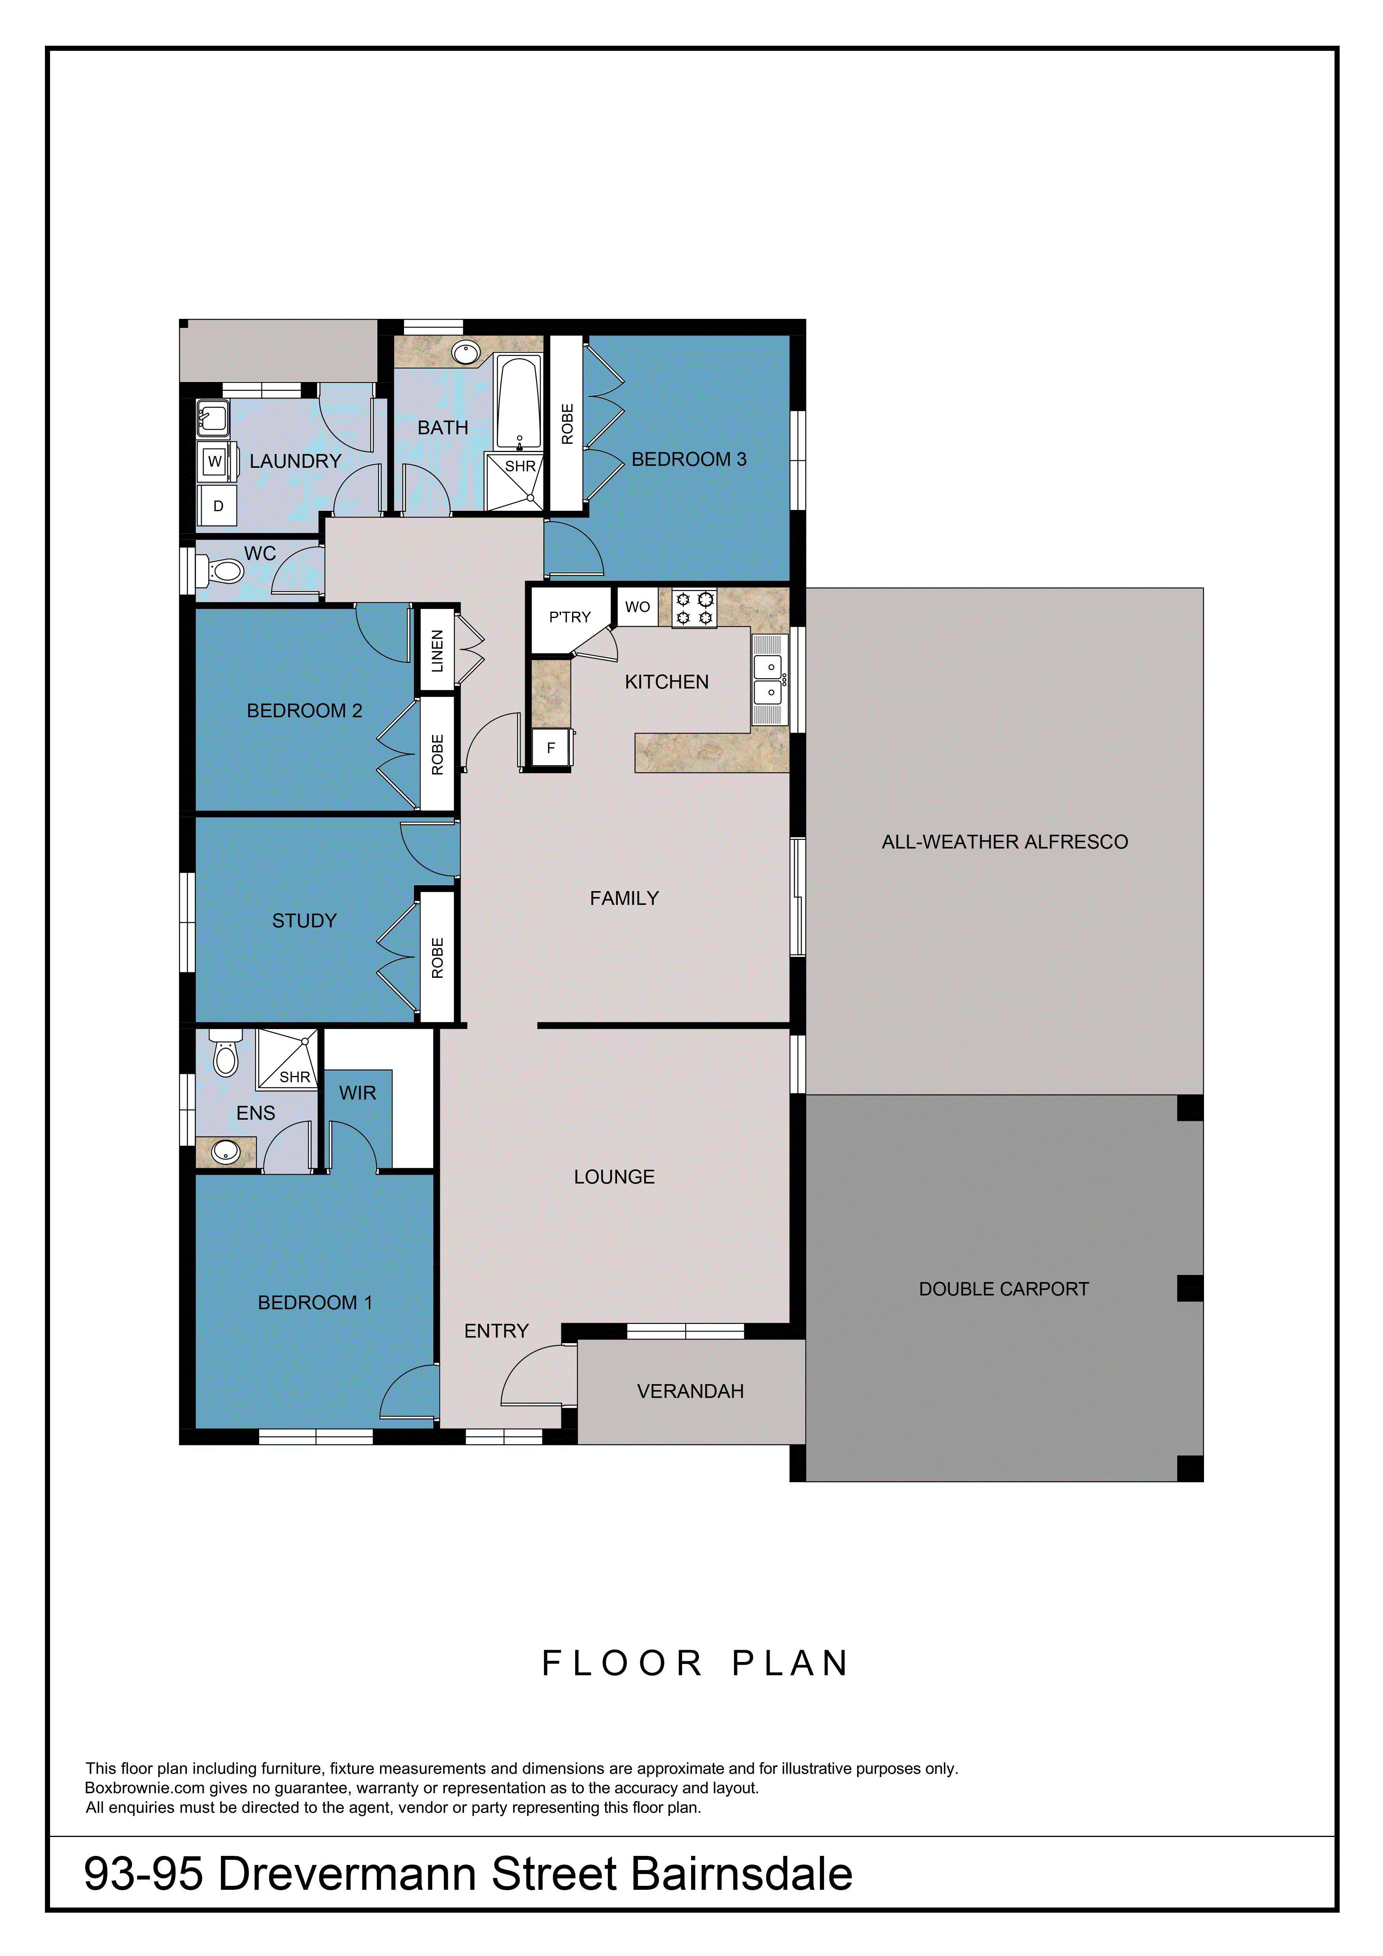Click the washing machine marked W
(215, 461)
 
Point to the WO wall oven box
(637, 607)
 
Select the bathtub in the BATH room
(519, 403)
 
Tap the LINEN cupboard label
(437, 651)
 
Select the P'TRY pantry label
(570, 617)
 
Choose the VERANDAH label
(690, 1391)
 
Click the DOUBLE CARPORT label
(1004, 1289)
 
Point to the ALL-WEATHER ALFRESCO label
(1005, 842)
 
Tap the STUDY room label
(304, 921)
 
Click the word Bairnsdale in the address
(741, 1874)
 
